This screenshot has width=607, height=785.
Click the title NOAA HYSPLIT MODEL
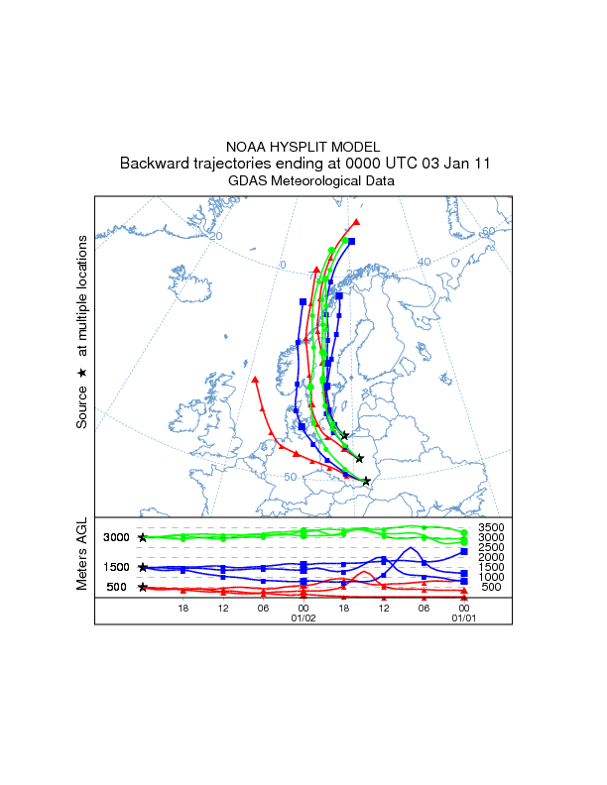point(303,147)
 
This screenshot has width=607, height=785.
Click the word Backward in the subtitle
point(152,164)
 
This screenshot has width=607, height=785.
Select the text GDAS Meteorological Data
point(303,181)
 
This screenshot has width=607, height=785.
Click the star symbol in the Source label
point(82,373)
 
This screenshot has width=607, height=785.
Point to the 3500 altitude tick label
point(492,526)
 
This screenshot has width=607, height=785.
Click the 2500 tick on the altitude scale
point(492,547)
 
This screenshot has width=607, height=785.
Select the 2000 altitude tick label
point(492,557)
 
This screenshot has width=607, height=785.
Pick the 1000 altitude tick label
point(492,577)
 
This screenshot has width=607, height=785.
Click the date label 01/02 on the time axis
point(303,617)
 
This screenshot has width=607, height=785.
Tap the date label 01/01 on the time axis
point(463,617)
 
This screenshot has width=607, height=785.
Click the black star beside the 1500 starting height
point(143,567)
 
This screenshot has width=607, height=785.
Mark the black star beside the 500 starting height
point(143,587)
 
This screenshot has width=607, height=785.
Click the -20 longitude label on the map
point(215,236)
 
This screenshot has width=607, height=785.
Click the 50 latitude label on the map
point(291,478)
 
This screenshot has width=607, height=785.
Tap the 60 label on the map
point(487,231)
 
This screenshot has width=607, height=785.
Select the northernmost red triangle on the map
point(356,222)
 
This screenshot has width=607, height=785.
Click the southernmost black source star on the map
point(366,482)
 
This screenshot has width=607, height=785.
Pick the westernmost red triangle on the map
point(256,379)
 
